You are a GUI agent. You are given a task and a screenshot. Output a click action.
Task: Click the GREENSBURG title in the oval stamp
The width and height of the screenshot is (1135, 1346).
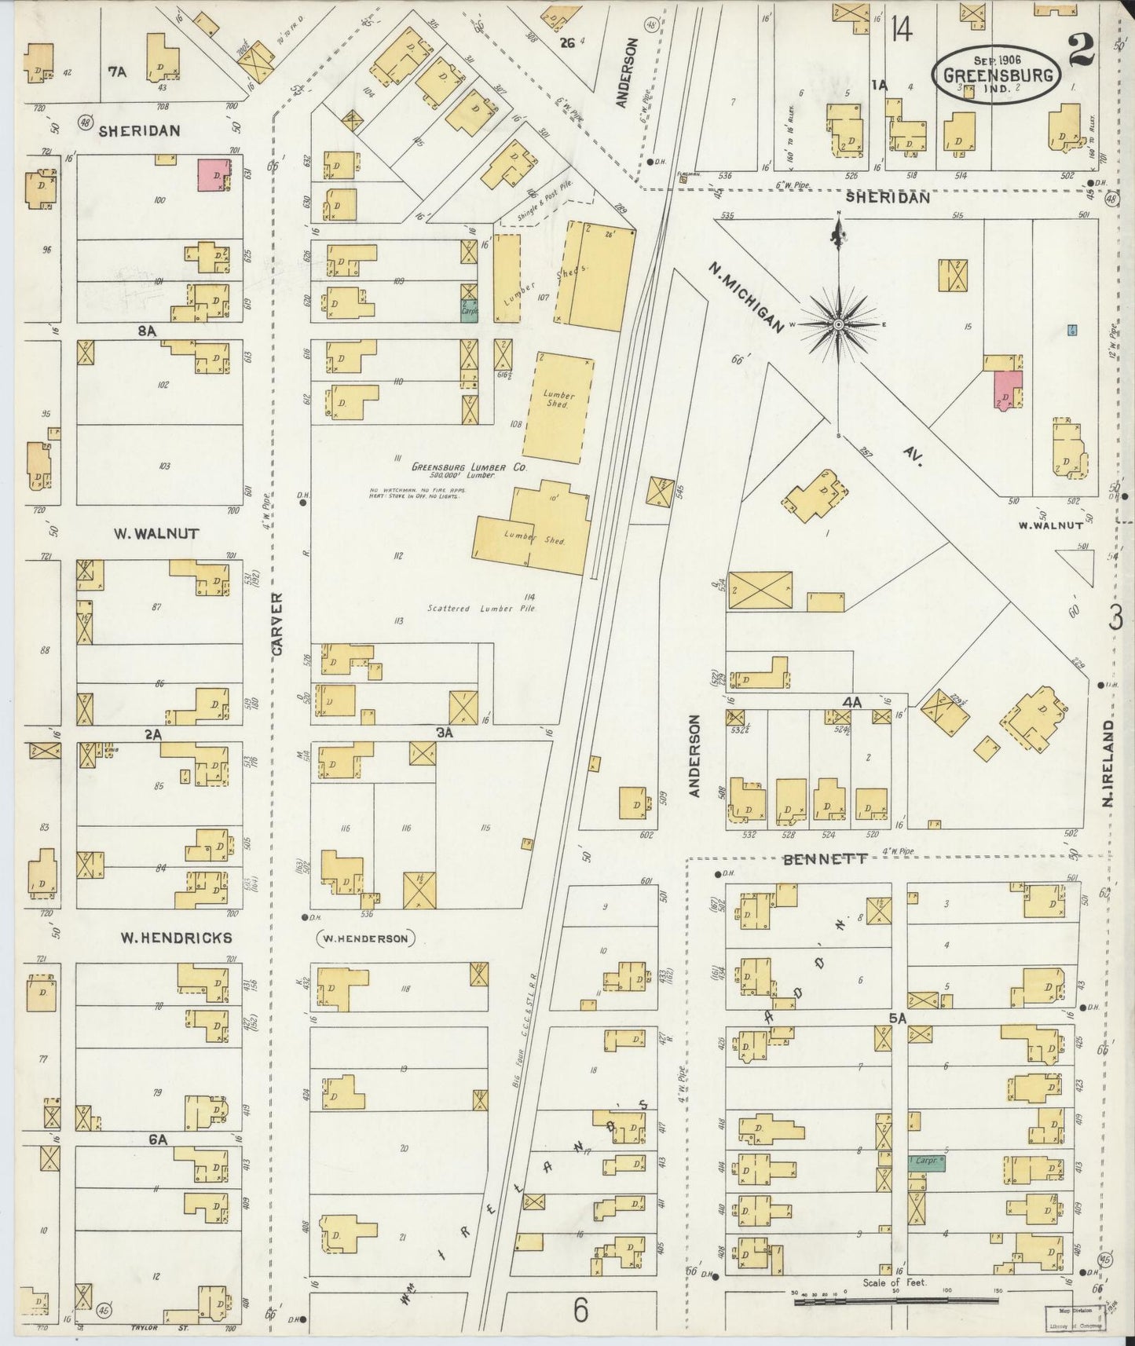coord(995,76)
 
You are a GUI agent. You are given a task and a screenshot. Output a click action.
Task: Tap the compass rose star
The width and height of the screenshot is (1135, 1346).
coord(839,324)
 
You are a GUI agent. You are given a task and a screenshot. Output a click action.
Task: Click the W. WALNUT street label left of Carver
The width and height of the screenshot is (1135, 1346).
coord(156,534)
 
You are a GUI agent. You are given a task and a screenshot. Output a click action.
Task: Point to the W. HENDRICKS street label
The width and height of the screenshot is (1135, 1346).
coord(176,938)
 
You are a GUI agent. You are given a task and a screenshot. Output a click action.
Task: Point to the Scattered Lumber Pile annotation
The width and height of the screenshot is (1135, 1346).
coord(481,608)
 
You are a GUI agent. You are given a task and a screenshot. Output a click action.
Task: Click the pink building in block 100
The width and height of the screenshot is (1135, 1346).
coord(212,174)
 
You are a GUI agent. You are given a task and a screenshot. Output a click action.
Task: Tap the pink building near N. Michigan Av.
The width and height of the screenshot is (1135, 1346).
coord(1007,390)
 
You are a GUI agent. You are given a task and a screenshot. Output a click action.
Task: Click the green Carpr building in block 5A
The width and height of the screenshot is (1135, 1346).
coord(926,1162)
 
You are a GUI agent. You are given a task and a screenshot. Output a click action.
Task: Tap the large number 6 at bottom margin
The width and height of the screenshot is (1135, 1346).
coord(580,1309)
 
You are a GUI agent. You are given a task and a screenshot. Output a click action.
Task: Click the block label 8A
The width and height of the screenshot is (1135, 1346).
coord(147,331)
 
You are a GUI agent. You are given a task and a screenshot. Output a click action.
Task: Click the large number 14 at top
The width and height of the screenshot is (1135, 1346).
coord(901,31)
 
